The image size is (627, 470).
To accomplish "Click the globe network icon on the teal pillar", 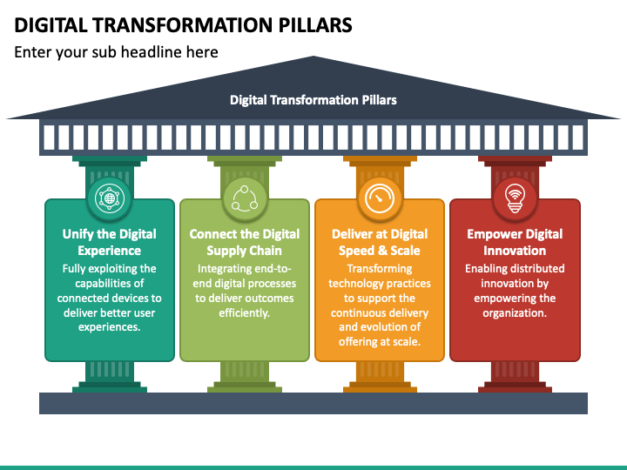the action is coord(110,198).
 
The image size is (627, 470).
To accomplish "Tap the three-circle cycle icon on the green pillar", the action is coord(245,198).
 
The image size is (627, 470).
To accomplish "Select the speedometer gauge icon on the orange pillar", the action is coord(380,198).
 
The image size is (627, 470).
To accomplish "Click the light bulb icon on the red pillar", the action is coord(515,198).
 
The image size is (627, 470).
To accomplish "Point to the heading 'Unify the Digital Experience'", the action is coord(109,242).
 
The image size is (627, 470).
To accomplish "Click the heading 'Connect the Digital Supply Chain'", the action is coord(245,242).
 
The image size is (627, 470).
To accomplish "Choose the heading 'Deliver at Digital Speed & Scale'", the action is coord(380,242).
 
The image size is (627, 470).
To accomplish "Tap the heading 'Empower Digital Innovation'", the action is coord(515,242).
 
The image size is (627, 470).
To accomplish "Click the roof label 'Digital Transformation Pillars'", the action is coord(313,100).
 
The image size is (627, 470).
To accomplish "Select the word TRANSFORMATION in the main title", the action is coord(183,25).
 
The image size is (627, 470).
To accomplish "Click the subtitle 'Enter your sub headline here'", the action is coord(116,52).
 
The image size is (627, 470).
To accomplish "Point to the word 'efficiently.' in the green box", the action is coord(245,312).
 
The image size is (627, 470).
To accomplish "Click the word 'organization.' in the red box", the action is coord(515,312).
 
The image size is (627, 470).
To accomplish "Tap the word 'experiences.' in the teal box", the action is coord(109,327).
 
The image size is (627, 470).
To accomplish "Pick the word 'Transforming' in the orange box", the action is coord(380,268).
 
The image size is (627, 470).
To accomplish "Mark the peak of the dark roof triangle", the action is coord(313,57).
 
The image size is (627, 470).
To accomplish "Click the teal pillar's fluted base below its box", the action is coord(110,377).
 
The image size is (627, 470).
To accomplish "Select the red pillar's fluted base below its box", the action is coord(515,377).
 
